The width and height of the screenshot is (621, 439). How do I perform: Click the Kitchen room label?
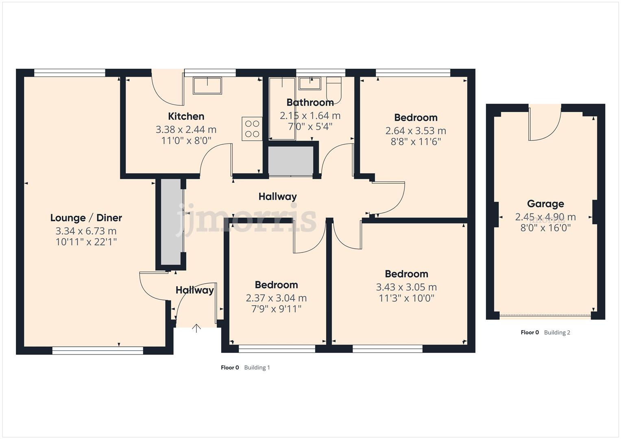click(x=186, y=116)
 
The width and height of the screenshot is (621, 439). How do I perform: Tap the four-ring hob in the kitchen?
click(x=252, y=128)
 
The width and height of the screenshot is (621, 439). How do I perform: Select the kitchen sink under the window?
click(x=207, y=86)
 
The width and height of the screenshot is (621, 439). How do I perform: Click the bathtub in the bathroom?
click(x=281, y=109)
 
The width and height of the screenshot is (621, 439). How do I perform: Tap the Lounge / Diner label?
click(x=86, y=218)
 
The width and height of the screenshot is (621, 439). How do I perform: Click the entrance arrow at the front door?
click(x=196, y=328)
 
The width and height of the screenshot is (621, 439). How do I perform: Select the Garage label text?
click(x=545, y=204)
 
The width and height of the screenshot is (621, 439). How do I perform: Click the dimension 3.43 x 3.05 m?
click(x=406, y=287)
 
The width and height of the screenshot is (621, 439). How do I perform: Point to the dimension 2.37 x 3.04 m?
click(x=276, y=298)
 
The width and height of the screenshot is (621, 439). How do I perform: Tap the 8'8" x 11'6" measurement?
click(x=416, y=142)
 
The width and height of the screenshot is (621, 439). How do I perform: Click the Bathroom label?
click(x=310, y=102)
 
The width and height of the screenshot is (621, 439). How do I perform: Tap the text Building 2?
click(x=557, y=333)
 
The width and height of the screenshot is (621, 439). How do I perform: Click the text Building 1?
click(x=257, y=367)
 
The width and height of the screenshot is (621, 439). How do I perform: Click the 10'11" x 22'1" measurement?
click(x=86, y=242)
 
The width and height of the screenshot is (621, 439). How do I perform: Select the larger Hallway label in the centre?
click(x=277, y=197)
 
